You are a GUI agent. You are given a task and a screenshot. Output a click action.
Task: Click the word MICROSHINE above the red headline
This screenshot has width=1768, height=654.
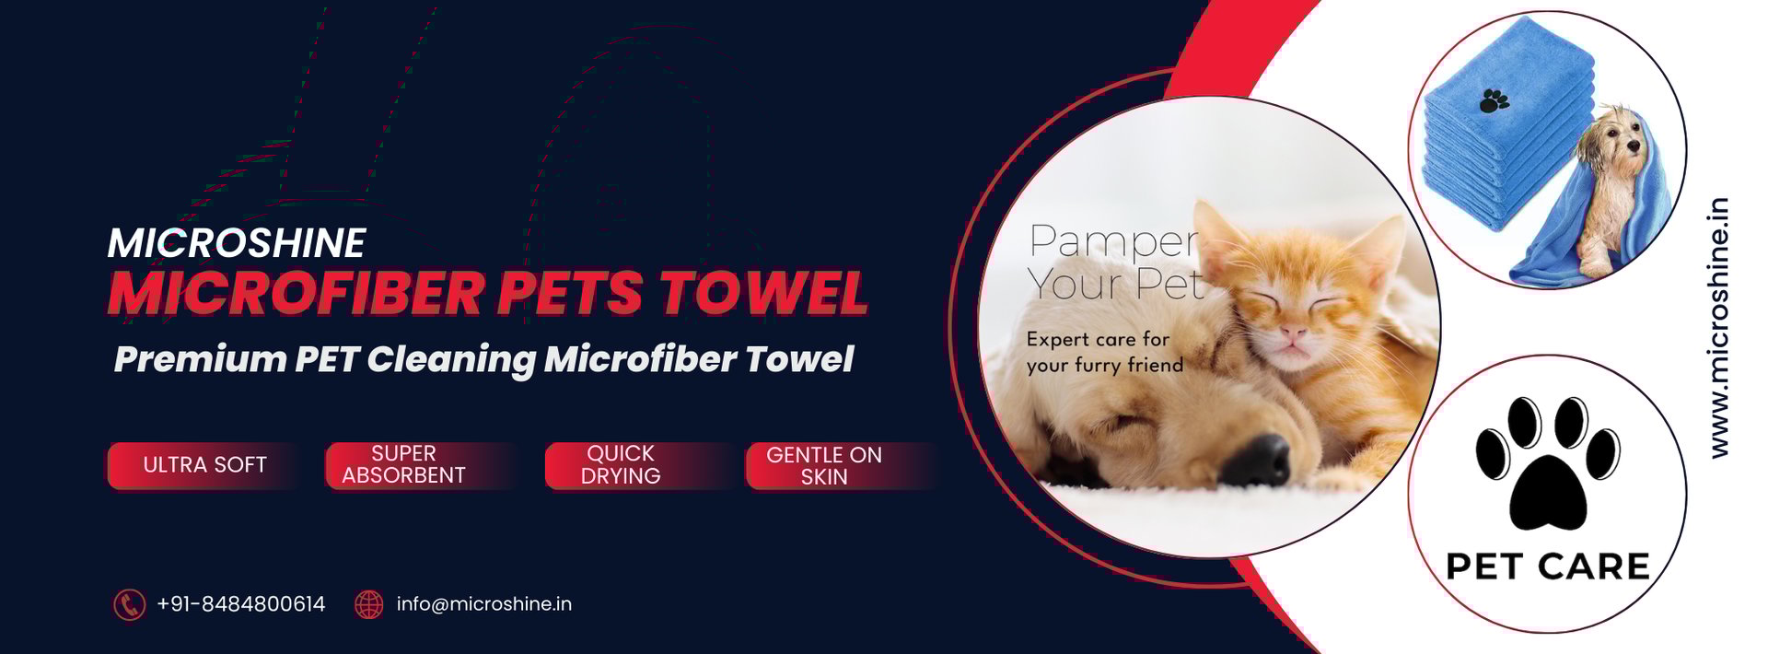[237, 243]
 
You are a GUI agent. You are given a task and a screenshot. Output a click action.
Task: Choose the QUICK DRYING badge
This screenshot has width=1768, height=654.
[621, 465]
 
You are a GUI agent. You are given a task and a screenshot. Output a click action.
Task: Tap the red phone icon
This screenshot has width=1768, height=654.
[129, 604]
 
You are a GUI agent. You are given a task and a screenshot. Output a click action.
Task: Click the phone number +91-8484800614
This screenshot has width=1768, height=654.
[241, 604]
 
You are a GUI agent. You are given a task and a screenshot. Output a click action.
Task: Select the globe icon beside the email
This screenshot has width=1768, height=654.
[368, 604]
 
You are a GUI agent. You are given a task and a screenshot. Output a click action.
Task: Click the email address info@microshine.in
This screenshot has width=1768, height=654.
[484, 604]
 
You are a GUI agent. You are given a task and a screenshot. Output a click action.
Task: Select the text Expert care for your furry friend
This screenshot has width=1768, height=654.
[1105, 352]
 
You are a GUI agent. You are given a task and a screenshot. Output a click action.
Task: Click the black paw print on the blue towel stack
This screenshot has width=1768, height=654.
[1494, 100]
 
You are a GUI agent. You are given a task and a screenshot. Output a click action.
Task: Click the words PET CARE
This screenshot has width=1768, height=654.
[1548, 566]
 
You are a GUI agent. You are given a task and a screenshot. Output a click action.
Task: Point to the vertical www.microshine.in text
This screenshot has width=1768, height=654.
[1718, 328]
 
